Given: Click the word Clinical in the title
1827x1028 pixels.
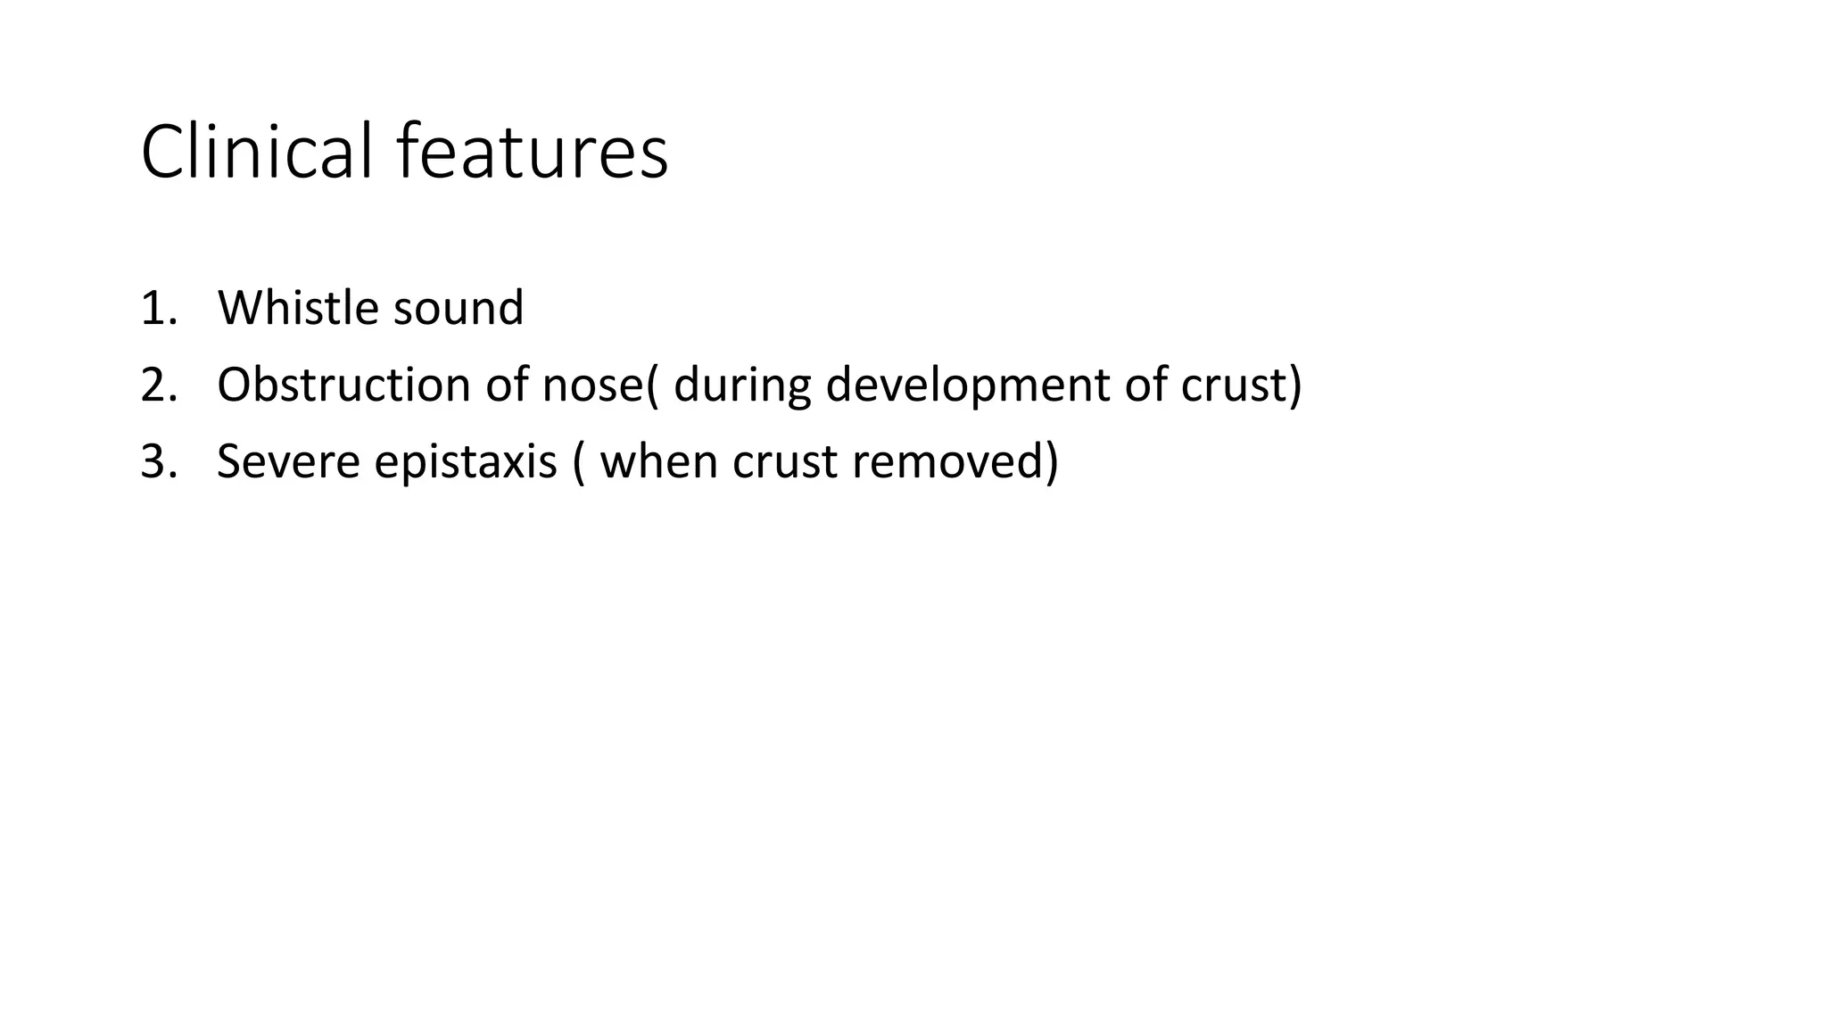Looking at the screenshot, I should pos(256,152).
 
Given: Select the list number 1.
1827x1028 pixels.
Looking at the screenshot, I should pos(157,308).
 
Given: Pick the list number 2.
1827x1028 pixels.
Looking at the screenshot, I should pos(157,385).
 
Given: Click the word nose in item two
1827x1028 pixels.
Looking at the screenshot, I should pos(591,385).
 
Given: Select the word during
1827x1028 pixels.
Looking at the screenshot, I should pos(742,385).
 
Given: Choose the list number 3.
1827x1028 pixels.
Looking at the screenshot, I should pos(157,461).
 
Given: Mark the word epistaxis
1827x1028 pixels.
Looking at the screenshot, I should pos(466,461).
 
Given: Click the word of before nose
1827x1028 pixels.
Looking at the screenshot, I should pos(507,385).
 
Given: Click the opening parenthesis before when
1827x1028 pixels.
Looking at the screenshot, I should pos(580,463).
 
